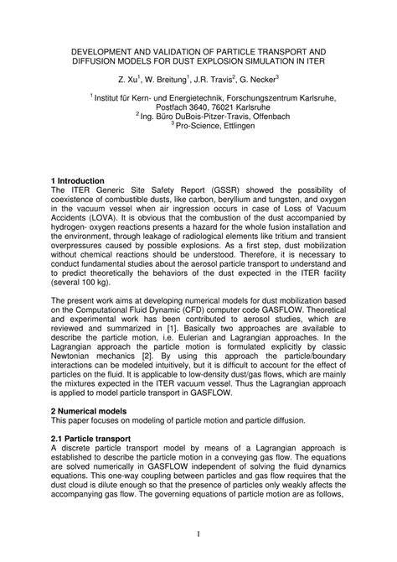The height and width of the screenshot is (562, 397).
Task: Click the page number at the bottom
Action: tap(198, 533)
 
